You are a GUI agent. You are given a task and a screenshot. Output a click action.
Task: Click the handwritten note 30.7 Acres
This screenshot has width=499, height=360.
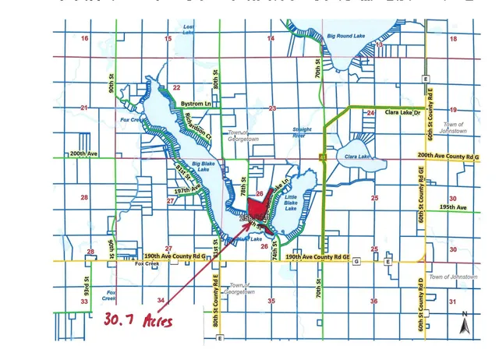(x=137, y=319)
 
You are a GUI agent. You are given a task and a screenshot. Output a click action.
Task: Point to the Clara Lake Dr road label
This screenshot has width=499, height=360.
(x=402, y=113)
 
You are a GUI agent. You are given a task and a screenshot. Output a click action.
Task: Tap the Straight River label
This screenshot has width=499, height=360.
(x=301, y=132)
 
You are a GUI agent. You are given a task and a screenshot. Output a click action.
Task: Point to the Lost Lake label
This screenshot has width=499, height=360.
(x=188, y=29)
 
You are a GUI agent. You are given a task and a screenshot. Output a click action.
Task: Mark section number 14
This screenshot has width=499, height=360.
(x=271, y=38)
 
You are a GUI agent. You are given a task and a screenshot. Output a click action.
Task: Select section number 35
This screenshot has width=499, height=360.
(x=271, y=300)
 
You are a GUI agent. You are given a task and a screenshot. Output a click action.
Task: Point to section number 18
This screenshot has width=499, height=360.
(x=453, y=38)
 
